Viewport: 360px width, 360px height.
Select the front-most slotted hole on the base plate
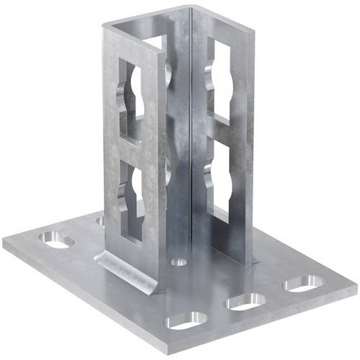click(185, 321)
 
